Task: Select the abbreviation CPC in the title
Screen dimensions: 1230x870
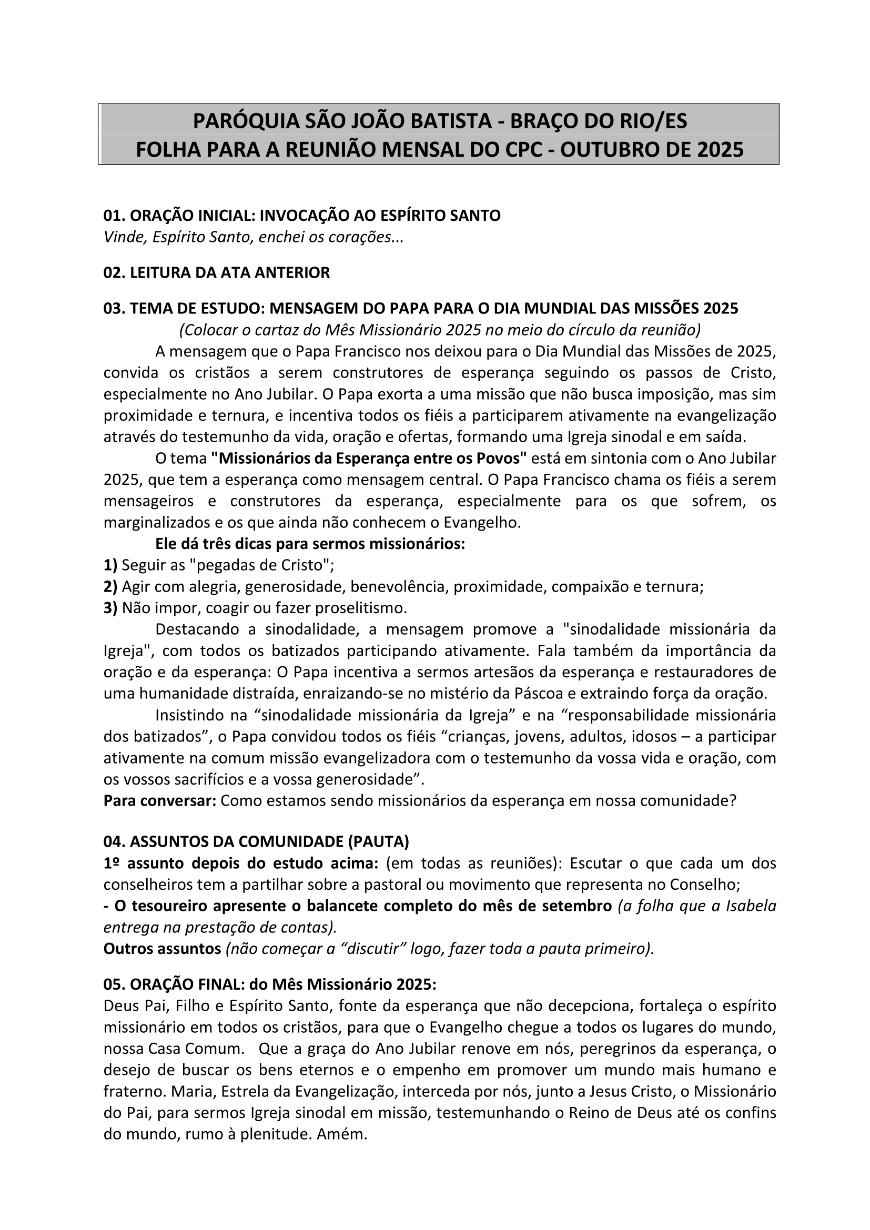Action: [x=524, y=149]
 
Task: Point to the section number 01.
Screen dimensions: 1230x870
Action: [x=114, y=216]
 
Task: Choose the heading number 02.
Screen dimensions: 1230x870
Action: [x=114, y=273]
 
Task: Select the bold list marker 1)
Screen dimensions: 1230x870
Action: [x=110, y=565]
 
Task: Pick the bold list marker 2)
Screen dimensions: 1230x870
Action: [x=110, y=587]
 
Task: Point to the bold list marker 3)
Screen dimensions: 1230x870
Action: [x=110, y=608]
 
